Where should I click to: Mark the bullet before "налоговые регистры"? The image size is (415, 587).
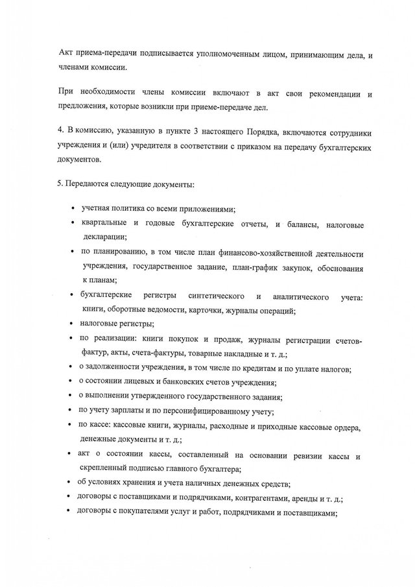pyautogui.click(x=71, y=324)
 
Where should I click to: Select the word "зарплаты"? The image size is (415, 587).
pyautogui.click(x=136, y=411)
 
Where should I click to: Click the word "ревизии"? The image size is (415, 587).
pyautogui.click(x=300, y=456)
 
